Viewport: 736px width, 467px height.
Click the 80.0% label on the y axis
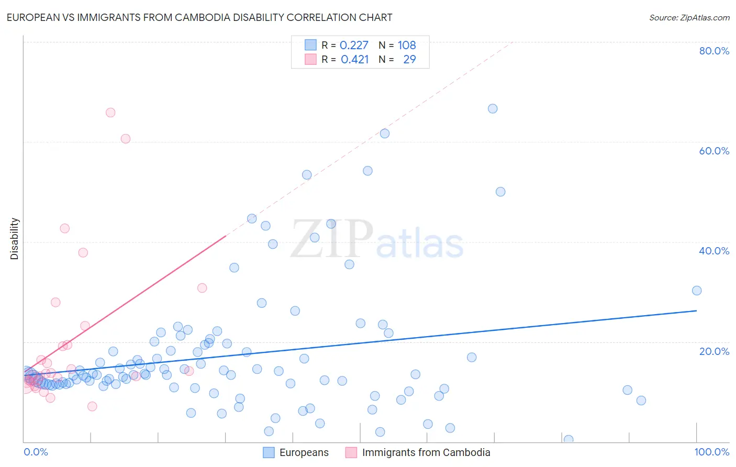click(x=714, y=51)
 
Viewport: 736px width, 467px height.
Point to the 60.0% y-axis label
click(x=714, y=151)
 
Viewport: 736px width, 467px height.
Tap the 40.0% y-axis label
click(x=714, y=251)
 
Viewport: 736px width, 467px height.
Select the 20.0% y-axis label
click(x=714, y=351)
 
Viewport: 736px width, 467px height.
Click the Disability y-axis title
click(x=15, y=239)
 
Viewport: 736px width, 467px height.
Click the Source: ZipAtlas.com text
click(x=689, y=17)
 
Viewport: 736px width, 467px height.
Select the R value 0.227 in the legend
click(x=354, y=46)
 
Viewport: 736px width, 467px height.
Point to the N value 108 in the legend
click(x=407, y=46)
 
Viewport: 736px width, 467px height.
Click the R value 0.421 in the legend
click(x=354, y=60)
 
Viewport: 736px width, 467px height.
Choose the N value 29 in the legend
click(x=409, y=60)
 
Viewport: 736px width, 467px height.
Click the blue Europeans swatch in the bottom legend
click(x=269, y=452)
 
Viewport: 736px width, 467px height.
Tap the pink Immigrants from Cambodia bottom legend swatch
click(x=351, y=452)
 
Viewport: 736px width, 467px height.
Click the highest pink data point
click(x=110, y=113)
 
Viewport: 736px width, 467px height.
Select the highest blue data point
click(x=493, y=109)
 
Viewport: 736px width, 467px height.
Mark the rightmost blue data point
click(x=697, y=291)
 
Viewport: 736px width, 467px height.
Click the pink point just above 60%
click(x=126, y=139)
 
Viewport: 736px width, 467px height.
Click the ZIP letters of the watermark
click(x=332, y=239)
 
